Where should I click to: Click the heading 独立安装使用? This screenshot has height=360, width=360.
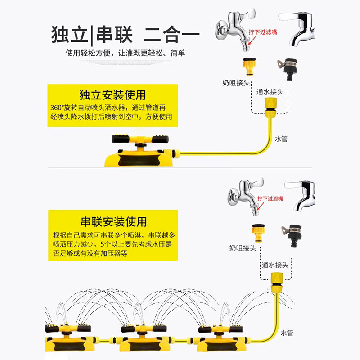tap(112, 95)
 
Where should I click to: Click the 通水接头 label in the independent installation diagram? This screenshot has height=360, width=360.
tap(270, 92)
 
